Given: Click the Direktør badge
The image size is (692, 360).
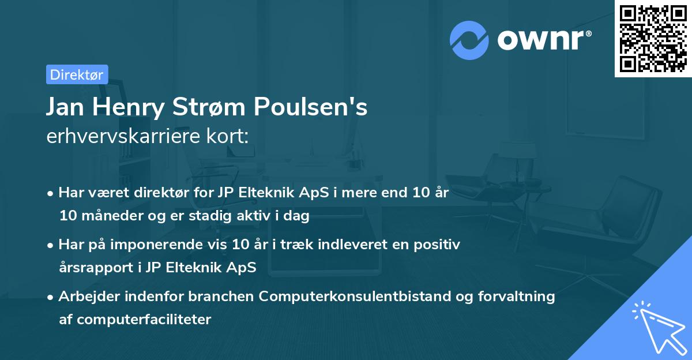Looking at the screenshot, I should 77,74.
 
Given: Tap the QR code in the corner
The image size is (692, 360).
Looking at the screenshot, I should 653,39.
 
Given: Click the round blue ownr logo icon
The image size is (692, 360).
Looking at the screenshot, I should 469,40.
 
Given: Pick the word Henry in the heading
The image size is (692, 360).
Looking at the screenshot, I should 123,107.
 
